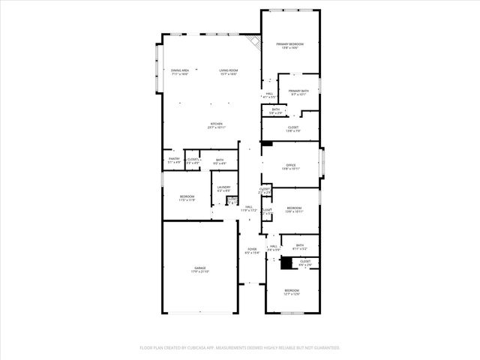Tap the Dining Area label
pyautogui.click(x=179, y=73)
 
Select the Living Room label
pyautogui.click(x=228, y=73)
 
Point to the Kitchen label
pyautogui.click(x=216, y=125)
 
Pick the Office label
pyautogui.click(x=290, y=166)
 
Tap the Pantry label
pyautogui.click(x=173, y=160)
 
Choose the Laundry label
pyautogui.click(x=223, y=189)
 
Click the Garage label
pyautogui.click(x=200, y=269)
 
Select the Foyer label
pyautogui.click(x=251, y=251)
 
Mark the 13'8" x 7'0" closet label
pyautogui.click(x=292, y=129)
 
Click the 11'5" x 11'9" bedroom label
pyautogui.click(x=187, y=198)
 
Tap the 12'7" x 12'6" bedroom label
pyautogui.click(x=292, y=292)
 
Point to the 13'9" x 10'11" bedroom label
pyautogui.click(x=294, y=209)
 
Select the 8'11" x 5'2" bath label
pyautogui.click(x=299, y=247)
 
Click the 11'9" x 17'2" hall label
pyautogui.click(x=248, y=208)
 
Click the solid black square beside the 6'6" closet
pyautogui.click(x=286, y=262)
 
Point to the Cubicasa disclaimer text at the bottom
pyautogui.click(x=240, y=347)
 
